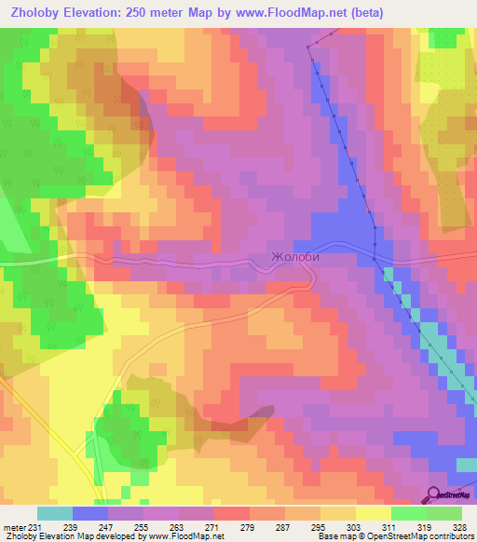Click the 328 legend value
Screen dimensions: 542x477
459,527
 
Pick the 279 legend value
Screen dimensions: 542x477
249,527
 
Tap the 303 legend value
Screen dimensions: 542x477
355,527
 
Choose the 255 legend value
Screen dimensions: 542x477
143,527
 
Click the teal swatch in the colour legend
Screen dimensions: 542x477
54,513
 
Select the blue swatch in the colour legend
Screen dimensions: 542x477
89,513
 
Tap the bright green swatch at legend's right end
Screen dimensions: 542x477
443,513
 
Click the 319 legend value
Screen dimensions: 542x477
426,527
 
